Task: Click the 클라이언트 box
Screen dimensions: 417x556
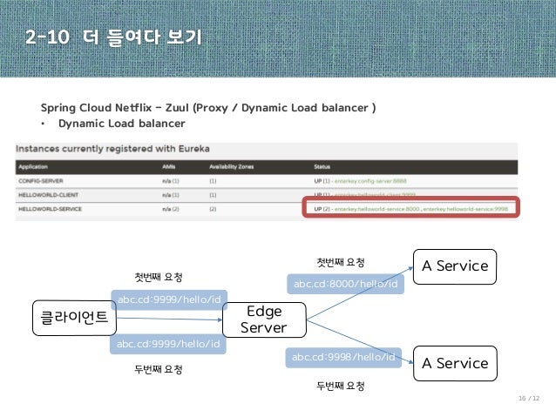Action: pyautogui.click(x=74, y=318)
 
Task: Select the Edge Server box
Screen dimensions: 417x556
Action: pyautogui.click(x=265, y=319)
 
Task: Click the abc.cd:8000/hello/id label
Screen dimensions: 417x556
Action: pyautogui.click(x=345, y=284)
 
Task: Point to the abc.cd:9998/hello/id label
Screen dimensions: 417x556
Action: pyautogui.click(x=344, y=357)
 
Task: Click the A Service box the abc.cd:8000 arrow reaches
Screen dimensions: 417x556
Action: pyautogui.click(x=454, y=266)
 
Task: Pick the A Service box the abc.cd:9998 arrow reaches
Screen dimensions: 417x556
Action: pyautogui.click(x=454, y=364)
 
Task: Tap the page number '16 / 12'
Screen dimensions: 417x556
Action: pyautogui.click(x=530, y=399)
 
